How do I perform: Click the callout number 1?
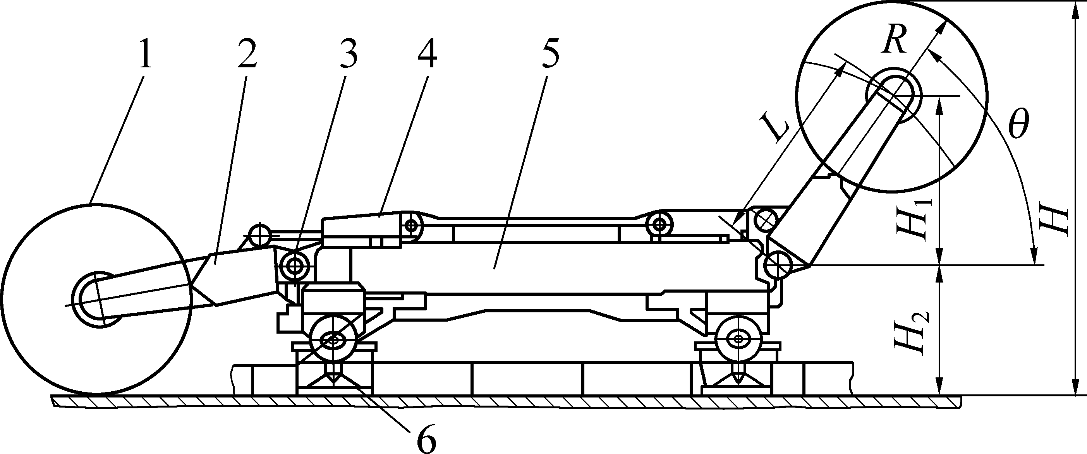click(x=144, y=54)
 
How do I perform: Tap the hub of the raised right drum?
click(x=893, y=95)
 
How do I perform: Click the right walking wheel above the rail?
click(x=738, y=338)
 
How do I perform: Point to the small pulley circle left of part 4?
click(x=260, y=233)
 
